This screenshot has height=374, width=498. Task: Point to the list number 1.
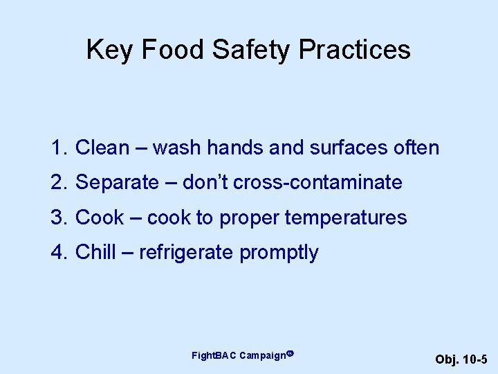(57, 148)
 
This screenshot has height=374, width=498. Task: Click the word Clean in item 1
(102, 148)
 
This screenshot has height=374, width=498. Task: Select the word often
(416, 148)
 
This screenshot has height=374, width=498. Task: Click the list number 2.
(57, 183)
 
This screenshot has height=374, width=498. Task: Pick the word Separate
(117, 183)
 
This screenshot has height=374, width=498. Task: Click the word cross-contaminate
(317, 183)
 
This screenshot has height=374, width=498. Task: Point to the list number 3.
(57, 217)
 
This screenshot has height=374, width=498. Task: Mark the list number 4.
(57, 253)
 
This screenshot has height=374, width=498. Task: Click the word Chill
(95, 253)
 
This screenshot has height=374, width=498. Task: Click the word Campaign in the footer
(263, 356)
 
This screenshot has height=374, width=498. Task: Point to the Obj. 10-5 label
(461, 359)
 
